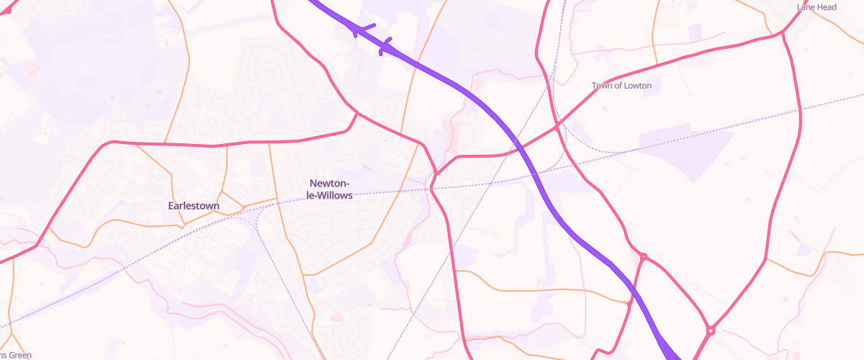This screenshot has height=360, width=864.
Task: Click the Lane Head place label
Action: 816,7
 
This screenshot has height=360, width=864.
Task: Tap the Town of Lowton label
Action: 621,86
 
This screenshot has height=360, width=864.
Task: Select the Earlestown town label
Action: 194,206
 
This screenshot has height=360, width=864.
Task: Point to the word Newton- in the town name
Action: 330,184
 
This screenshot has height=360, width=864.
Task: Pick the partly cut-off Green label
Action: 16,355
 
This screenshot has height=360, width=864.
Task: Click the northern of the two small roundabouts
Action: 643,257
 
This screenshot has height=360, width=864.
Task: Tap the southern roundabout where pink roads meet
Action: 711,330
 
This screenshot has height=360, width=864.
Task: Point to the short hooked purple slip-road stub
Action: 386,45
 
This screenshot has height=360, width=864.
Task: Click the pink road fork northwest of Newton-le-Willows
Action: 356,112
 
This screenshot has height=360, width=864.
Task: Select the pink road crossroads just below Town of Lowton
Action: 557,127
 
